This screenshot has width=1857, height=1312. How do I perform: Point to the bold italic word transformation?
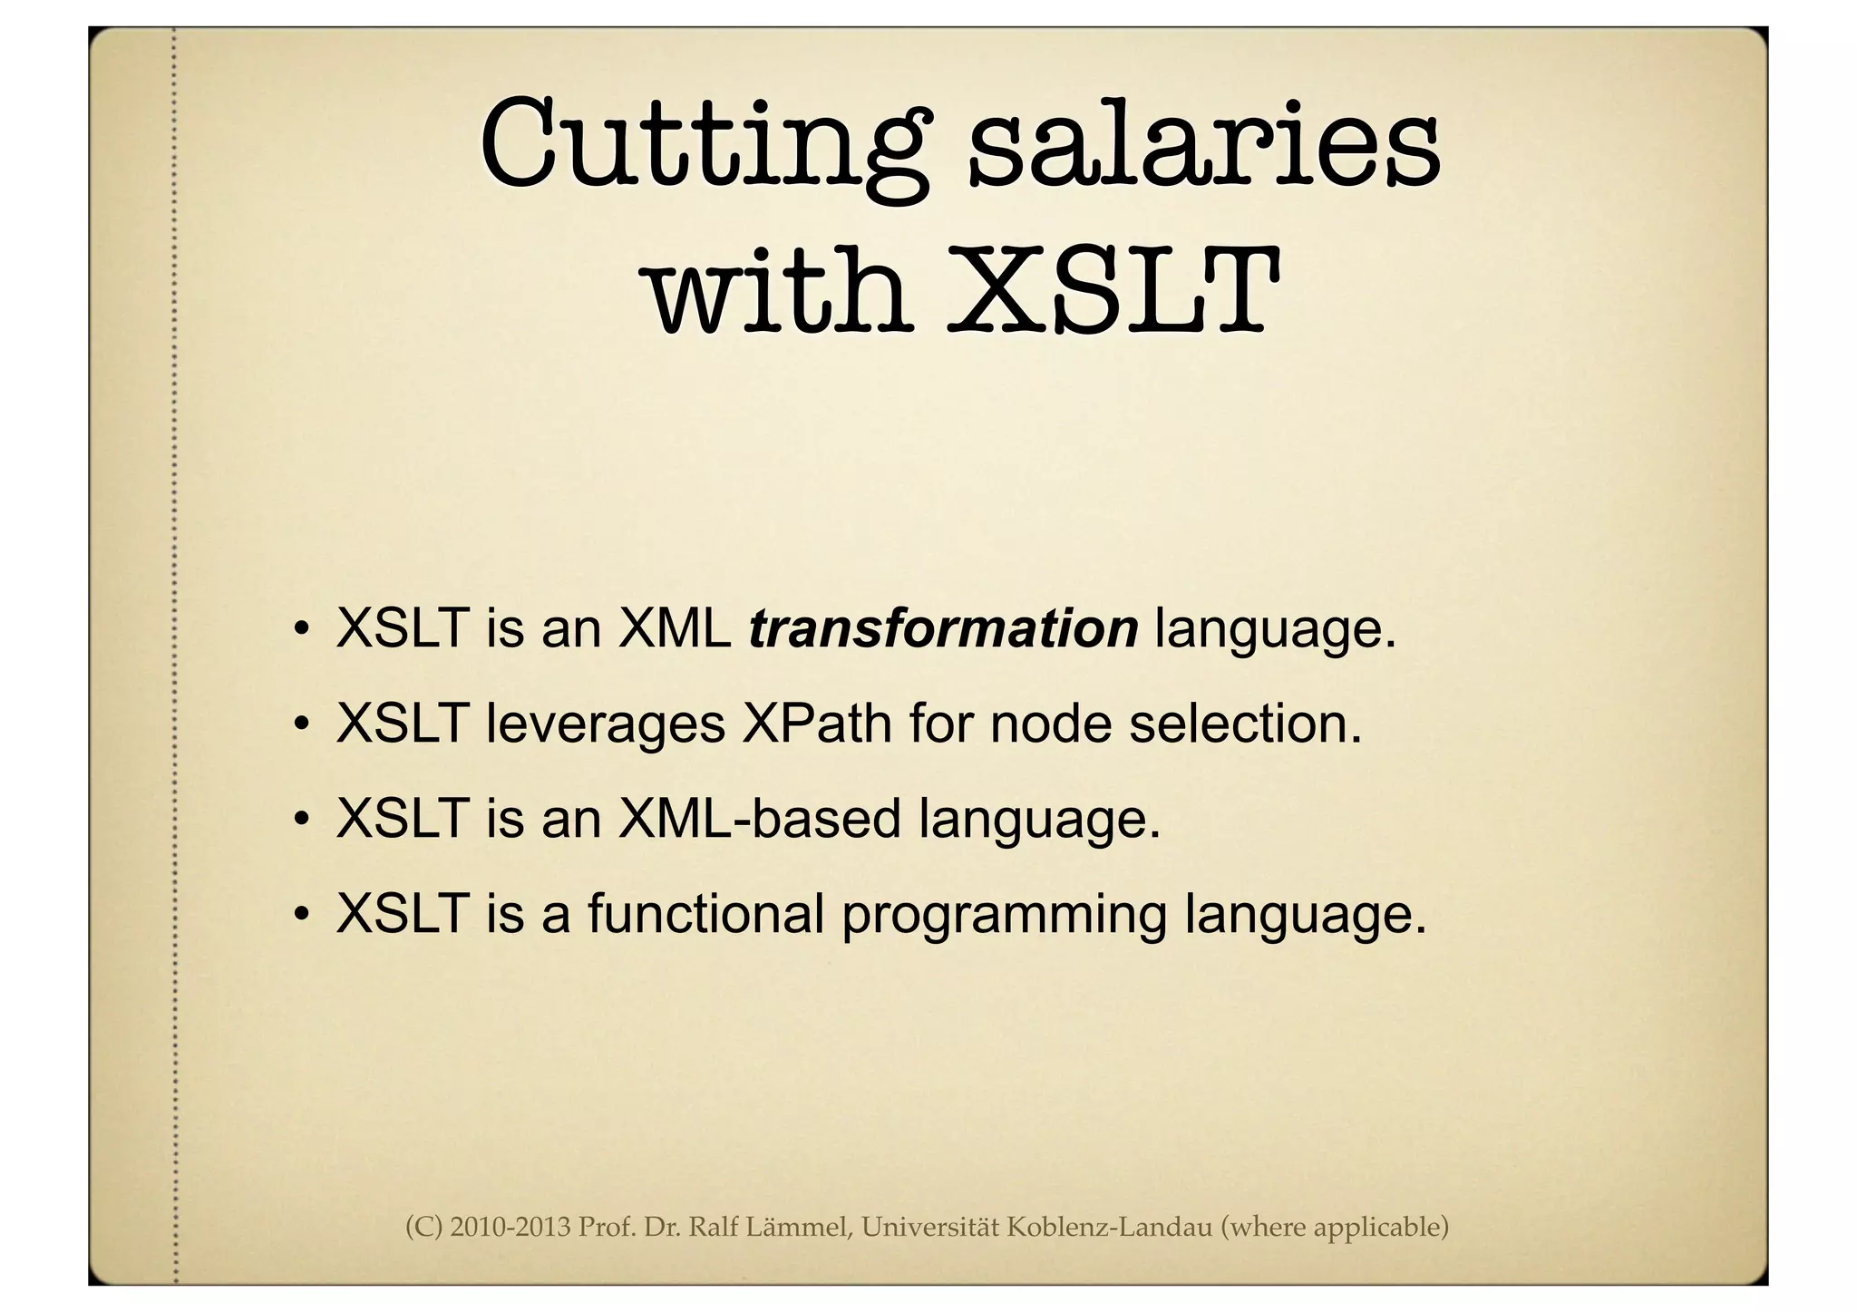pos(943,628)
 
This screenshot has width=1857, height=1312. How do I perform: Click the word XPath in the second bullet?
pos(816,724)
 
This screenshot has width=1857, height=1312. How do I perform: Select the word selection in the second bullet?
pos(1245,724)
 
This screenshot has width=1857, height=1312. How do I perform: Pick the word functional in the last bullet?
pos(705,913)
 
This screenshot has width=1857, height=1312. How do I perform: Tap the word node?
pos(1050,724)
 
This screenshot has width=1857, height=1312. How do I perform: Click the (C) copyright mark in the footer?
pos(423,1228)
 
